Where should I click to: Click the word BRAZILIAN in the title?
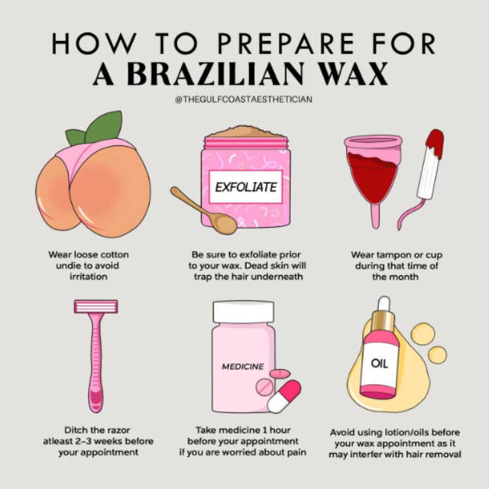[x=215, y=74]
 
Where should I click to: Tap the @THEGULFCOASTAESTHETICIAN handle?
[x=244, y=100]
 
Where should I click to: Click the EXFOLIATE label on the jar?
[x=246, y=187]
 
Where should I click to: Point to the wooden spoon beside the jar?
[x=203, y=211]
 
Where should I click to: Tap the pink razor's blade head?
[x=96, y=306]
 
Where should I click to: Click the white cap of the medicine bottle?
[x=244, y=312]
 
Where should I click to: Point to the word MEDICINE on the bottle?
[x=243, y=366]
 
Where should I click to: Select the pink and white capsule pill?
[x=284, y=396]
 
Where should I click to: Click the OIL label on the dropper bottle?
[x=379, y=363]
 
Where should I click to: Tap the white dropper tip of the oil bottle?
[x=384, y=303]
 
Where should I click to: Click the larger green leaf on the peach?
[x=104, y=126]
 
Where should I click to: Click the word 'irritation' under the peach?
[x=89, y=276]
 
